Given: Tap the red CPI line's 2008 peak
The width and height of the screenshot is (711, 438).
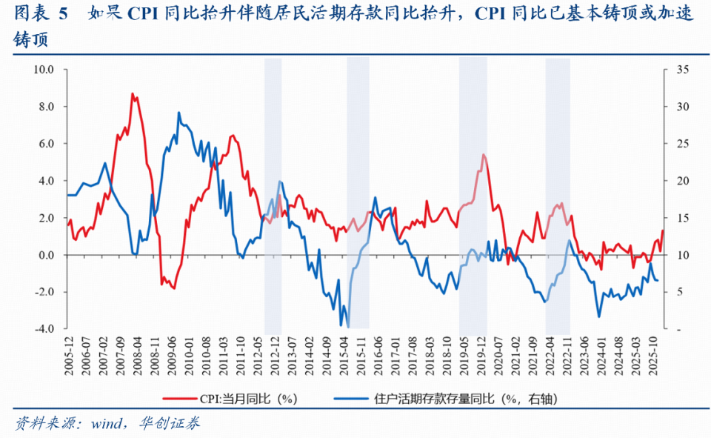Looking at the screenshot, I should point(132,93).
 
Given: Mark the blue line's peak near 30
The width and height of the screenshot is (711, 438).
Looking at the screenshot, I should point(179,113).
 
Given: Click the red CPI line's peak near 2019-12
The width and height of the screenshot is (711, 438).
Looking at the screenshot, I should point(483,154).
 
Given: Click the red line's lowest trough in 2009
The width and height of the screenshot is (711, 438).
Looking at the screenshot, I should point(174,288).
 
